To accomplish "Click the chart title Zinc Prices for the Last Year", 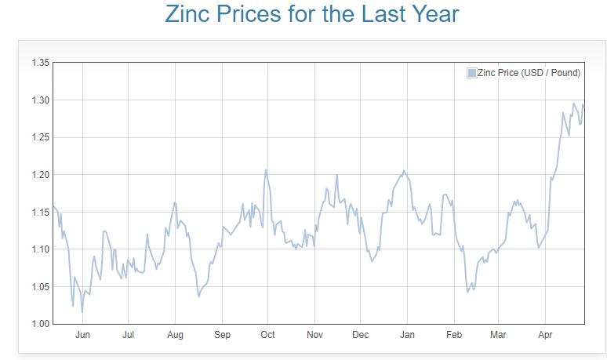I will (312, 14).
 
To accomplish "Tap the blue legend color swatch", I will (471, 73).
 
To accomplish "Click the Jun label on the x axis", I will (82, 336).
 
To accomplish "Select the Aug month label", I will (175, 336).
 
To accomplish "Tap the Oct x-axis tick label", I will (267, 336).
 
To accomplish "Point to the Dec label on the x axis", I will (360, 336).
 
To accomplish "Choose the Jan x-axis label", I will (408, 336).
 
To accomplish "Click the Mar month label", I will (497, 336).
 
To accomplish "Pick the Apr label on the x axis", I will (545, 336).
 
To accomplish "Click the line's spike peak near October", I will (266, 170).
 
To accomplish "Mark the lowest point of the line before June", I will (82, 312).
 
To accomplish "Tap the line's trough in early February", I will (467, 292).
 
